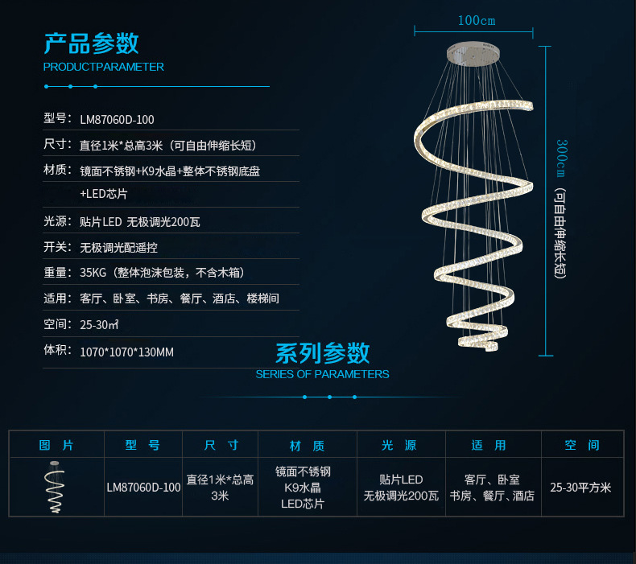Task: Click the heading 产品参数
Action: coord(91,43)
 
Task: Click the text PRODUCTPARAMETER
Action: coord(103,67)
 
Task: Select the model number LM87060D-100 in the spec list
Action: coord(117,120)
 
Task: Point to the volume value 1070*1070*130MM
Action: coord(126,352)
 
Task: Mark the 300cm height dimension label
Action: coord(562,158)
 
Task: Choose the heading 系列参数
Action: coord(322,352)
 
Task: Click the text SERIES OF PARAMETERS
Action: coord(322,374)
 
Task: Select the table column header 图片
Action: coord(56,445)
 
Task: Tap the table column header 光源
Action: coord(399,445)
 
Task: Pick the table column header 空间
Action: coord(582,445)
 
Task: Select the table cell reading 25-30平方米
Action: coord(581,488)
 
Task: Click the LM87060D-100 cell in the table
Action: coord(143,488)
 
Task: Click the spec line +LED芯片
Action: coord(103,194)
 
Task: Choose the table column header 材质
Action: coord(307,445)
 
